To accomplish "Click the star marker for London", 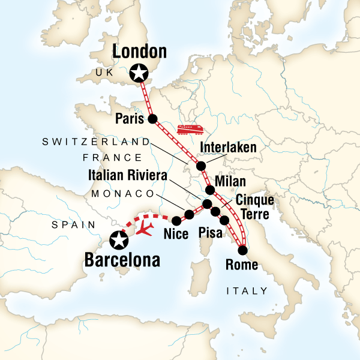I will [x=139, y=73].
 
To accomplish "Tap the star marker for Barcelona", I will [x=119, y=241].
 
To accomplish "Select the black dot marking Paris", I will [x=152, y=118].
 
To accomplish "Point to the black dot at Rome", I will [x=243, y=250].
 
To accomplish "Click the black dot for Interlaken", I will [x=201, y=166].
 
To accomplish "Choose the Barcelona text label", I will [x=122, y=260].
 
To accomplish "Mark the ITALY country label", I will [x=247, y=291].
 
